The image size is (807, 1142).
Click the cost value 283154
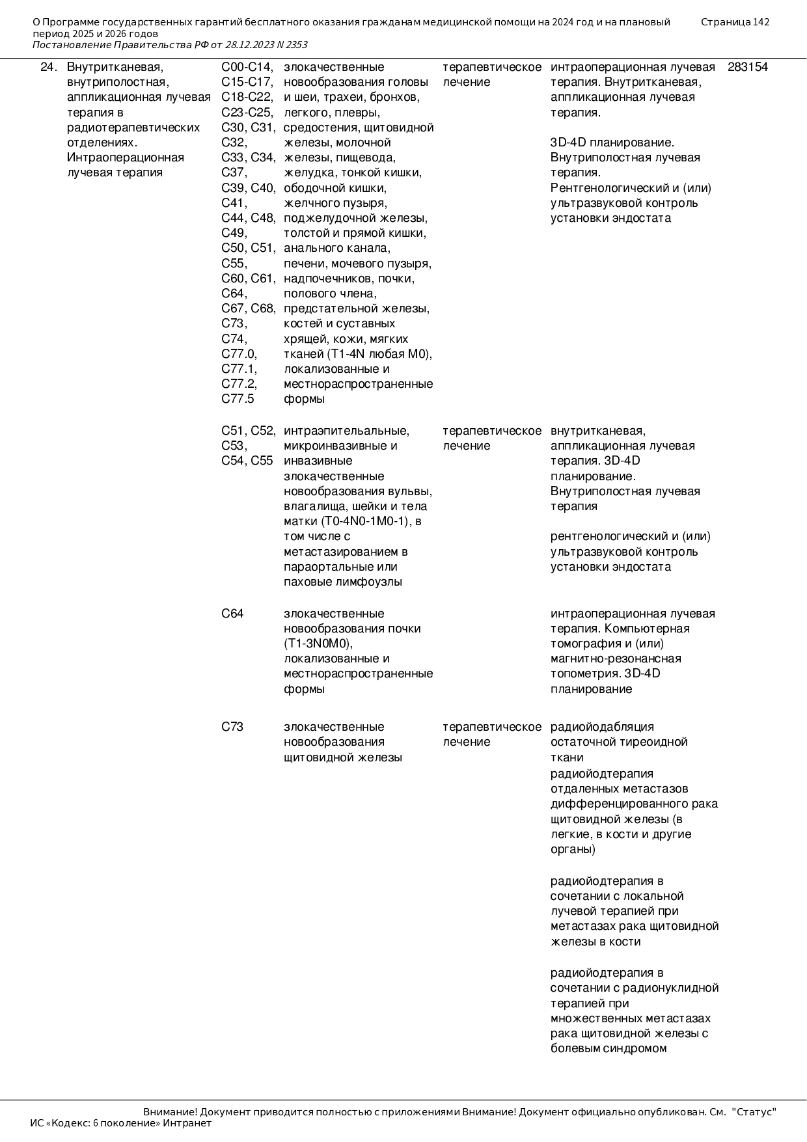747,67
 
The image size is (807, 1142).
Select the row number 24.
48,67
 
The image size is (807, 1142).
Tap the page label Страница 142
735,22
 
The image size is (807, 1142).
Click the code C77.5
238,399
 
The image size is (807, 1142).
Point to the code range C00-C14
247,67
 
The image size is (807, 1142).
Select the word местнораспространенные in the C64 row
358,673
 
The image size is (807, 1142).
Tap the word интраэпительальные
346,431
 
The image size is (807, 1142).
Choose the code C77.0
239,354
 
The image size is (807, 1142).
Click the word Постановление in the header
72,45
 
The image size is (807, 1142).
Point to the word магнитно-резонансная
616,659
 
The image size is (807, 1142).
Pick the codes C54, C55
247,461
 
